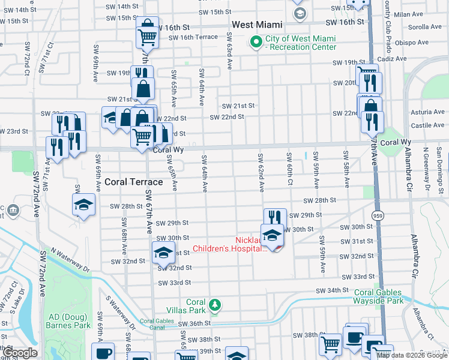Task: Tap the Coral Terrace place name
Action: (134, 181)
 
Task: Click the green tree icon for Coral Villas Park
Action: (215, 306)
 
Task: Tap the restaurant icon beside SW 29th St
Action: (274, 217)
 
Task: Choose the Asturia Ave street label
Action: (427, 112)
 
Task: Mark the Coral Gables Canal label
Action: (156, 325)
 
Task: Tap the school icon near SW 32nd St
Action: (162, 253)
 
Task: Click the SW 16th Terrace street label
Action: (193, 37)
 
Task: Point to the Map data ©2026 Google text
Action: (412, 355)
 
